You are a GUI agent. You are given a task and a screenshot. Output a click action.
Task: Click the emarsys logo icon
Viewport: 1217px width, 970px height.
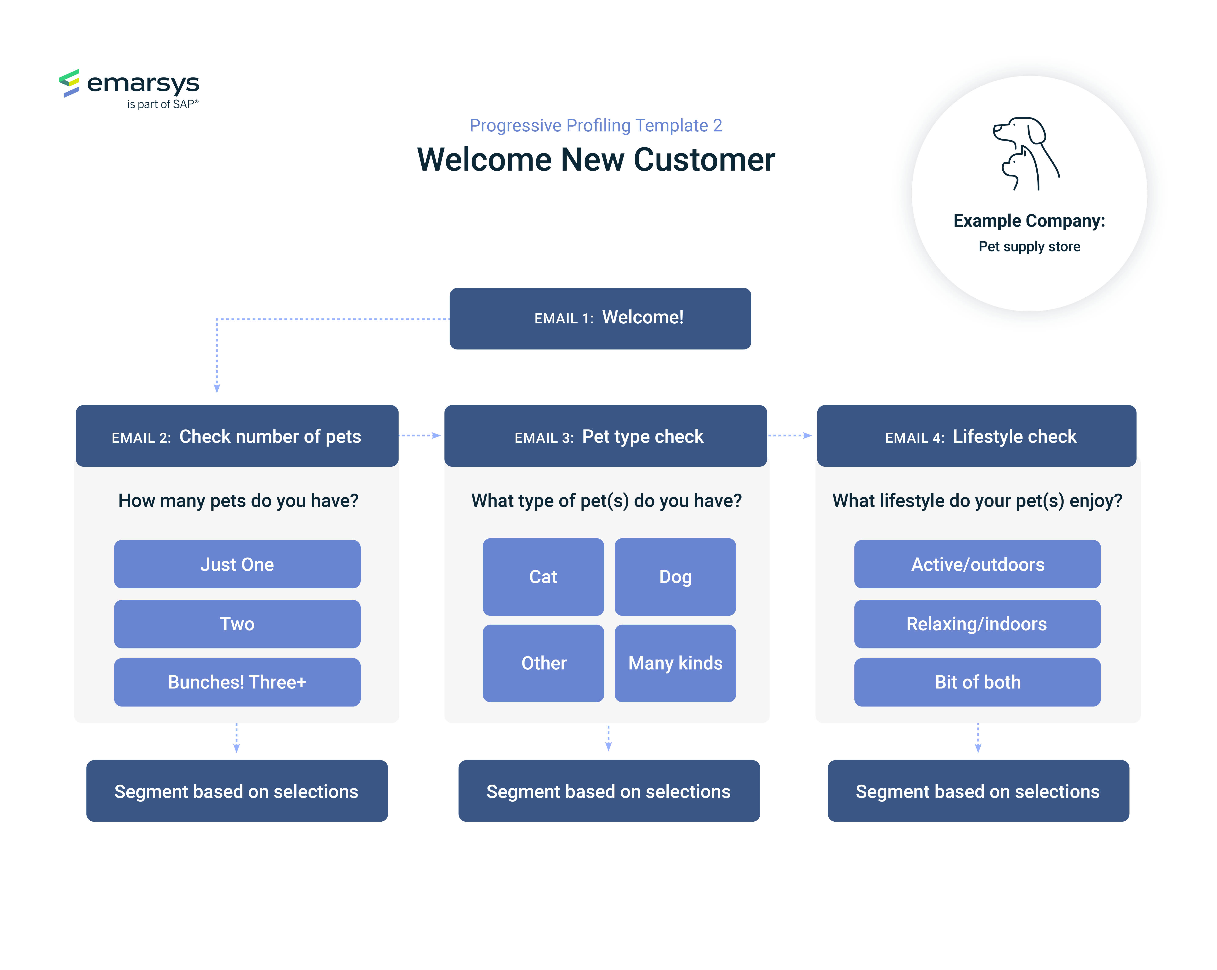(x=69, y=83)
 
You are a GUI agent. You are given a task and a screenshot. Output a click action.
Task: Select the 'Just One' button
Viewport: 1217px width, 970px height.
(x=237, y=564)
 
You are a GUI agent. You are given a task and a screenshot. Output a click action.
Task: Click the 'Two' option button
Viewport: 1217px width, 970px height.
(x=237, y=624)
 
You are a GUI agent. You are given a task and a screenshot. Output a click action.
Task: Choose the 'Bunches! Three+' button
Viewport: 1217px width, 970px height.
(x=237, y=682)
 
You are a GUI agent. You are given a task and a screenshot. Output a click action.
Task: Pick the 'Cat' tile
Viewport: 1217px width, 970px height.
(x=543, y=577)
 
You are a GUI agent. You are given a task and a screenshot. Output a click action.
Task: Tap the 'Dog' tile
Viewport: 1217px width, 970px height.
(x=675, y=577)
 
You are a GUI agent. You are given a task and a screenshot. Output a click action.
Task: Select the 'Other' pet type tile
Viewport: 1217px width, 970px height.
(x=543, y=663)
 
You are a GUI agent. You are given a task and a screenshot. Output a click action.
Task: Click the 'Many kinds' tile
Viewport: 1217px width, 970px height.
(x=675, y=663)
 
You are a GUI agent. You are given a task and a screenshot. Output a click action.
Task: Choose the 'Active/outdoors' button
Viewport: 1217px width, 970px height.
(x=977, y=564)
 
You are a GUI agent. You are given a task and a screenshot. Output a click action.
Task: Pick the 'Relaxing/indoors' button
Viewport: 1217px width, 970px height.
(x=977, y=624)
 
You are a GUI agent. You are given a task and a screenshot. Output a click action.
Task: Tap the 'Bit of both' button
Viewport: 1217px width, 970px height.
(x=977, y=682)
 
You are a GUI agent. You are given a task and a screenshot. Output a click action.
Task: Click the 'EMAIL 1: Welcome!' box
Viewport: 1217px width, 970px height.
(x=600, y=319)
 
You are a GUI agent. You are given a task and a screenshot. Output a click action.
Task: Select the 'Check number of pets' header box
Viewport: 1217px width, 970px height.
(x=237, y=435)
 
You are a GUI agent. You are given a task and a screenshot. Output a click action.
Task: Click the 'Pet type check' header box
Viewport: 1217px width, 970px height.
(x=606, y=435)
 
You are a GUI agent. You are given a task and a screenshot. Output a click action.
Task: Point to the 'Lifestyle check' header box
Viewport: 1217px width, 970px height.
(x=977, y=435)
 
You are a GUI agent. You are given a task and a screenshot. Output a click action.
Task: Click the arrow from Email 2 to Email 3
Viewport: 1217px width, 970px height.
(x=419, y=435)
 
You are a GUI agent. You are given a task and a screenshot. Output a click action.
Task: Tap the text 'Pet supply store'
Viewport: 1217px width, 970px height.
(x=1029, y=247)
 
